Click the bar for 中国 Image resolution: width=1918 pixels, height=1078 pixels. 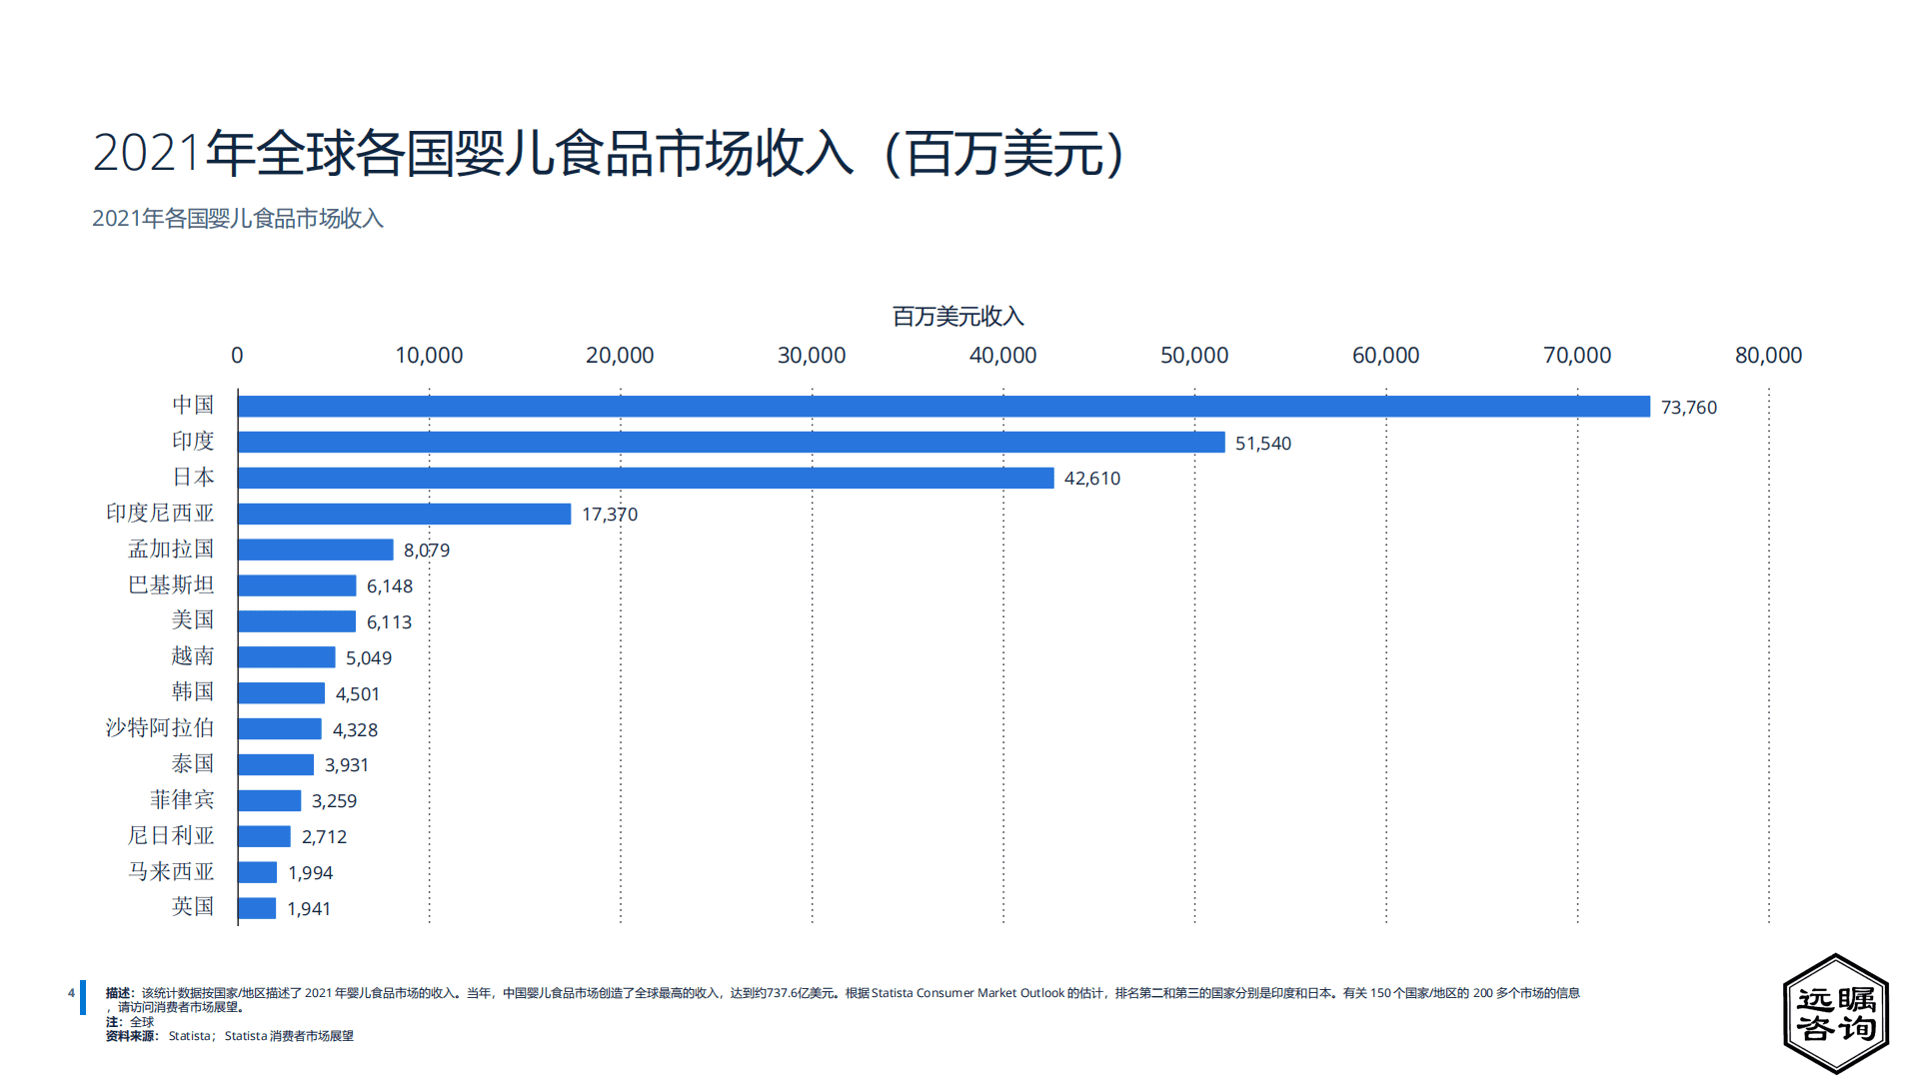pyautogui.click(x=944, y=407)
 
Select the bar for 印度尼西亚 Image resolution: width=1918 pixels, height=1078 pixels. pyautogui.click(x=405, y=514)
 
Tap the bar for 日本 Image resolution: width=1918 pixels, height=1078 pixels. pyautogui.click(x=646, y=478)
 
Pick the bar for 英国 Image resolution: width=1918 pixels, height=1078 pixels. pyautogui.click(x=257, y=908)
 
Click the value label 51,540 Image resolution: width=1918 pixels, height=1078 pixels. pyautogui.click(x=1262, y=443)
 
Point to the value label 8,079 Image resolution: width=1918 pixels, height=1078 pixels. pyautogui.click(x=427, y=549)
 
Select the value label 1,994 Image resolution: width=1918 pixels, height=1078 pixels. pyautogui.click(x=310, y=872)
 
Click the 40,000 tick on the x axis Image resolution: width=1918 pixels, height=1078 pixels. pyautogui.click(x=1002, y=355)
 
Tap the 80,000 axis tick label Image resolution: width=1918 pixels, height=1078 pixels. pyautogui.click(x=1767, y=355)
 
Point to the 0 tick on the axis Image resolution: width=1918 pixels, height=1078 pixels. pyautogui.click(x=237, y=355)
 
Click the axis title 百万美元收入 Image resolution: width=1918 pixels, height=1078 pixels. pyautogui.click(x=958, y=317)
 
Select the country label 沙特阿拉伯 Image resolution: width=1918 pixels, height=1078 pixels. pyautogui.click(x=160, y=727)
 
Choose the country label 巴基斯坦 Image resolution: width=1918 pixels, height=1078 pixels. pyautogui.click(x=171, y=584)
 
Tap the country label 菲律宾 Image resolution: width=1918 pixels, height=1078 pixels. pyautogui.click(x=182, y=799)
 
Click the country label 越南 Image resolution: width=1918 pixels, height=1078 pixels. pyautogui.click(x=192, y=655)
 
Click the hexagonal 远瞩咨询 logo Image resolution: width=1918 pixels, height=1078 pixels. pyautogui.click(x=1835, y=1013)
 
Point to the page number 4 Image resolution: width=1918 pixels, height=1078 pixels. pyautogui.click(x=71, y=993)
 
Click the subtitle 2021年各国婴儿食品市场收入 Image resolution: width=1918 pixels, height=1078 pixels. pyautogui.click(x=238, y=218)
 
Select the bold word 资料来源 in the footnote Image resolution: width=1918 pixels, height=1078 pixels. pyautogui.click(x=130, y=1036)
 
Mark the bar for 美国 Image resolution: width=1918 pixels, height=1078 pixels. pyautogui.click(x=297, y=621)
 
